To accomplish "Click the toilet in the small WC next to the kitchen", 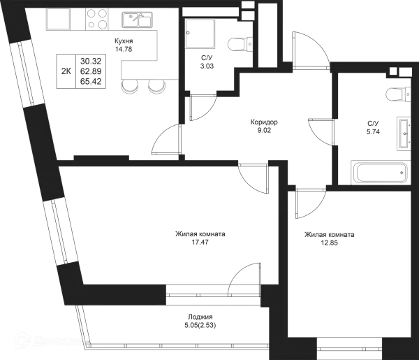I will pos(237,44).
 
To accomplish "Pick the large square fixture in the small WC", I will pos(201,32).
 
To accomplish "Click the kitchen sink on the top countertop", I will pos(136,20).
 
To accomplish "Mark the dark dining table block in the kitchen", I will pos(82,70).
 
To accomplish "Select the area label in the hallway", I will pos(263,126).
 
